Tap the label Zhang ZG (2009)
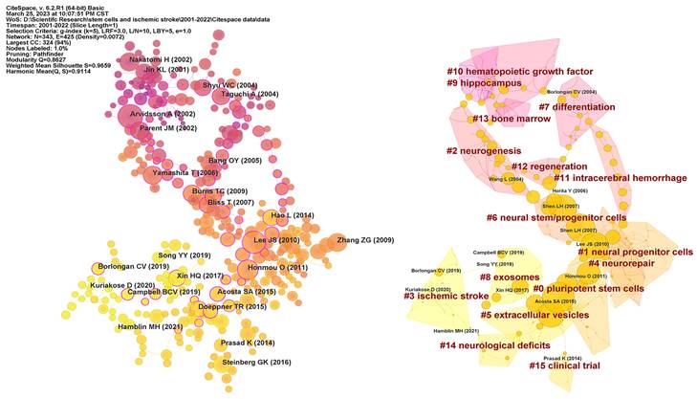point(357,239)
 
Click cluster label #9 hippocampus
point(486,84)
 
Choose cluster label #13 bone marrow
point(508,119)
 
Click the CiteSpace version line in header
point(57,5)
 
